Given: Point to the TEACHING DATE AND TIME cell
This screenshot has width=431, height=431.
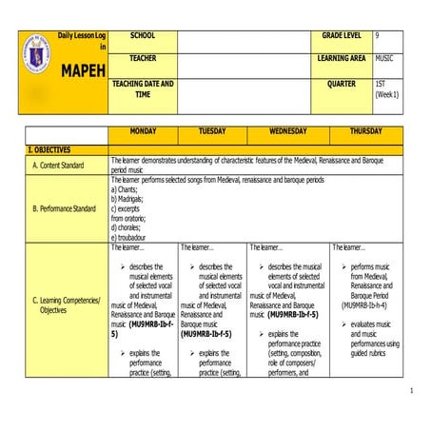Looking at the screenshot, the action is coord(143,88).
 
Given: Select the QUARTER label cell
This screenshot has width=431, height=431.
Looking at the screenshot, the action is coord(342,83).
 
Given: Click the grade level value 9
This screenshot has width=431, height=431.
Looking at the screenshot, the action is coord(378,35).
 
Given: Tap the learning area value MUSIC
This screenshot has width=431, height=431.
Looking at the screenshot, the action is coord(384,58).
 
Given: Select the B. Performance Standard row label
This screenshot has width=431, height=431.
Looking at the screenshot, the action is coord(64,207).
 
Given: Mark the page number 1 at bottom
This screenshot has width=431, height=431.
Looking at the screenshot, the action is coord(411,391).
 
